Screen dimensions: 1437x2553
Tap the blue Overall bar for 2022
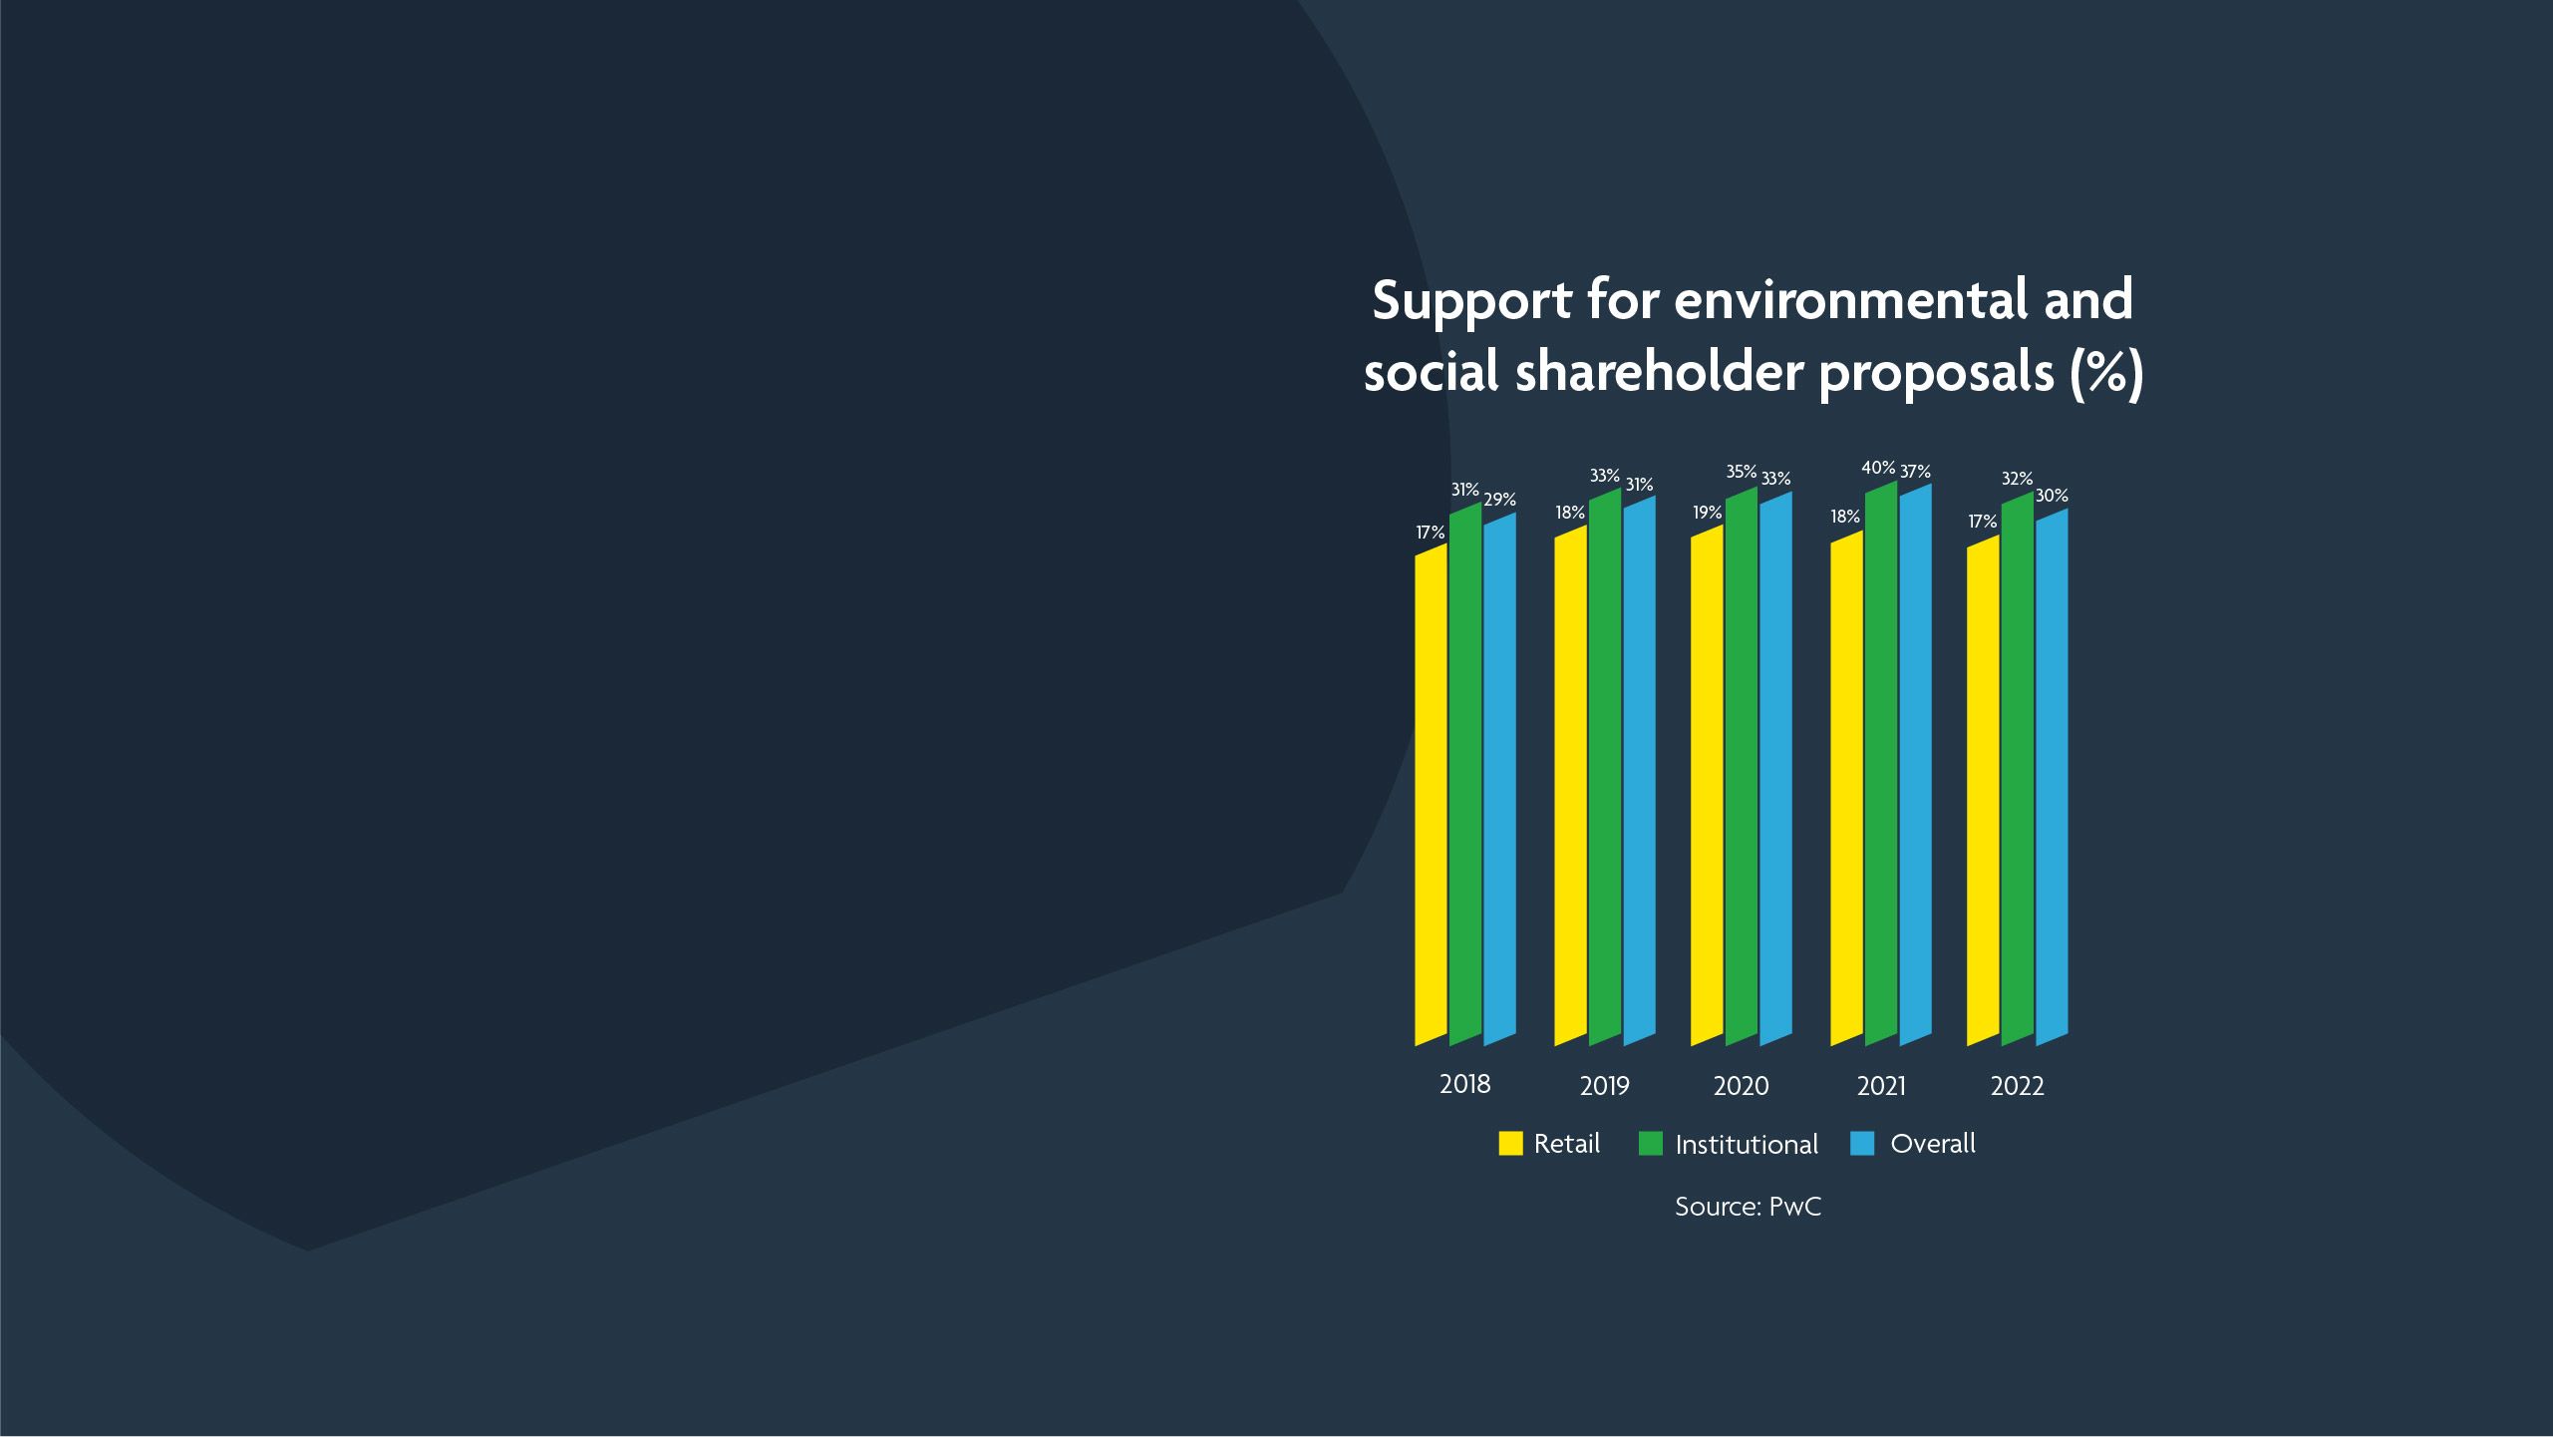2052,777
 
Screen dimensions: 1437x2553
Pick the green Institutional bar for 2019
1605,767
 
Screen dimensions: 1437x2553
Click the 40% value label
1878,467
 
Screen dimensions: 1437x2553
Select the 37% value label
1915,472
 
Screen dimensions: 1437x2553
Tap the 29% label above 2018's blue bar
1500,500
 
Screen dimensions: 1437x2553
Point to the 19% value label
1708,513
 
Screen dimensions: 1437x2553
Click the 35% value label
1742,472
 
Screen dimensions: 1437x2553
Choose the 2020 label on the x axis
1742,1086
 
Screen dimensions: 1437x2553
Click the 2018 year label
1465,1084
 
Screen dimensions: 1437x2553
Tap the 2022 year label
2018,1086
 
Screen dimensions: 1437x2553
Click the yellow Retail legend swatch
1511,1144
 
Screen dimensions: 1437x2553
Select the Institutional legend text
1747,1145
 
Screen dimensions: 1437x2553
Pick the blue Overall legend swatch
1862,1144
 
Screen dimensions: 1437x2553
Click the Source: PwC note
1748,1207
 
